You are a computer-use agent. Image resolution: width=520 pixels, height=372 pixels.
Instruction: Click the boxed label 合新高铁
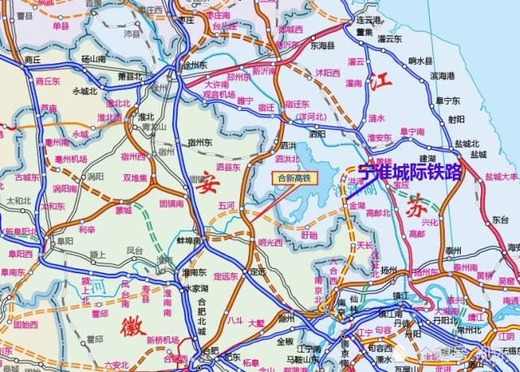coord(294,176)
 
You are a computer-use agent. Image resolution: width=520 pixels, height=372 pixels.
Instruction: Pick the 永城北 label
coord(85,91)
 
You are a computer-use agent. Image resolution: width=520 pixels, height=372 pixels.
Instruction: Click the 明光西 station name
coord(270,242)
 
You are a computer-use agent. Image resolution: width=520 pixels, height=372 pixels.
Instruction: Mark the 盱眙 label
coord(309,234)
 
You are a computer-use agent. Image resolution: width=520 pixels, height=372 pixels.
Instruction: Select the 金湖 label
coord(358,206)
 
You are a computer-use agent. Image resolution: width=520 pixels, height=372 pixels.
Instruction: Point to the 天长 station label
coord(365,244)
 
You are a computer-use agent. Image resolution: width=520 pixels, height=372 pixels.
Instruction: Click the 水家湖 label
coord(196,287)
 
